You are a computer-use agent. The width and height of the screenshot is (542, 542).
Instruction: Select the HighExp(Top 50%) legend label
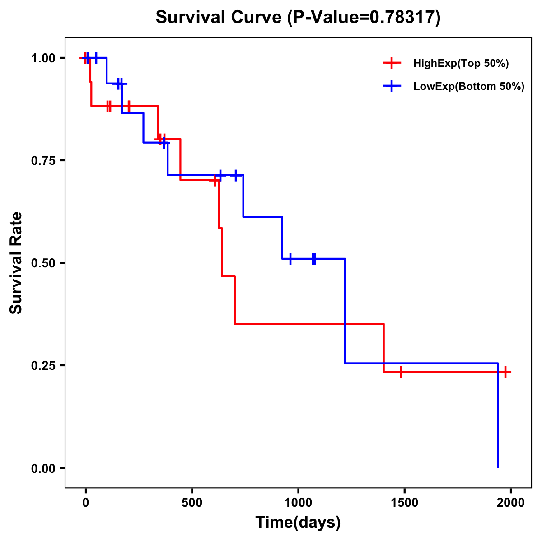(x=461, y=64)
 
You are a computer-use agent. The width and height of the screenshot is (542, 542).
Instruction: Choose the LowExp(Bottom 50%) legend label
(x=469, y=87)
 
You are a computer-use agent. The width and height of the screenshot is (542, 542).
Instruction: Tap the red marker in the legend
(x=392, y=64)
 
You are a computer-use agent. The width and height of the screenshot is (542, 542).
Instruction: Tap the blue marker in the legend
(x=392, y=87)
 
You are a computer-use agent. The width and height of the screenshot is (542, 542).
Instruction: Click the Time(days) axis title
(x=298, y=522)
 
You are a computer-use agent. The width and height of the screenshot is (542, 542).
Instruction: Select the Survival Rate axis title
(x=16, y=263)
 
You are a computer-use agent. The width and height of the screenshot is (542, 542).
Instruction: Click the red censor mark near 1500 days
(x=401, y=372)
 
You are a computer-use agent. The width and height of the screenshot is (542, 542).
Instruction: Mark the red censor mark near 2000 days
(x=505, y=372)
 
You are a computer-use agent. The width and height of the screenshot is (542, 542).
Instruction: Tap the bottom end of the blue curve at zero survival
(x=498, y=467)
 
